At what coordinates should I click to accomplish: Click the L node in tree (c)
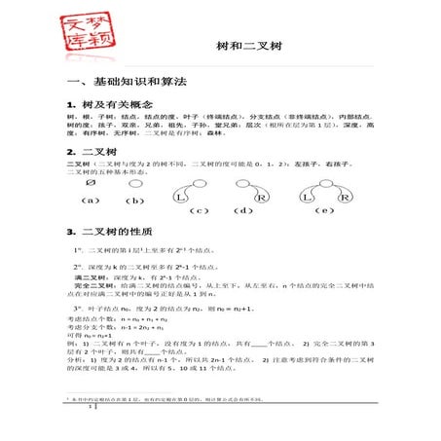(x=181, y=198)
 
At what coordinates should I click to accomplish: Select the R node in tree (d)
(x=262, y=198)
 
